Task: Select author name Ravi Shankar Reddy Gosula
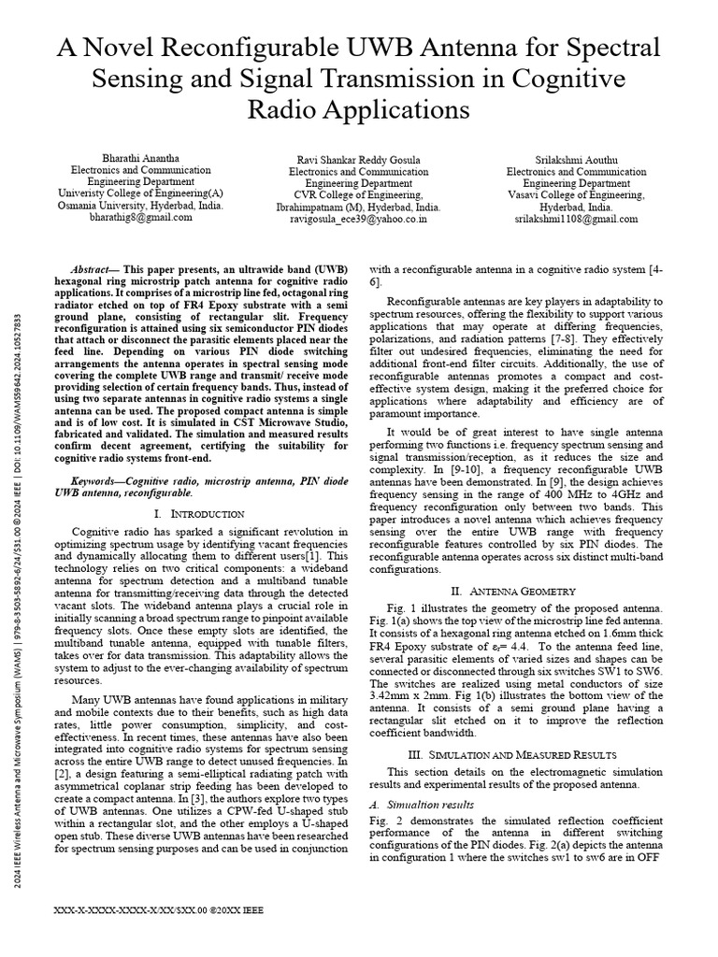tap(358, 160)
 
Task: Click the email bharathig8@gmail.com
tap(139, 217)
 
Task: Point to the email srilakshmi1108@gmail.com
tap(576, 219)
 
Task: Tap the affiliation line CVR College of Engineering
tap(358, 195)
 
